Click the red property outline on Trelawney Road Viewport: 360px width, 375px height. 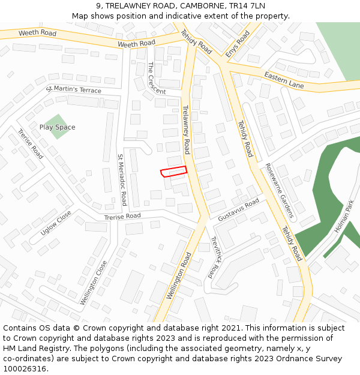pyautogui.click(x=174, y=172)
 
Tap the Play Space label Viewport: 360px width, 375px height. pyautogui.click(x=58, y=127)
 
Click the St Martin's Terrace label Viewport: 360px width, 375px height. pyautogui.click(x=74, y=89)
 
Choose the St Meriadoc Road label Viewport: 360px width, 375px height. pyautogui.click(x=122, y=179)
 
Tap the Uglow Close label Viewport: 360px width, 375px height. pyautogui.click(x=56, y=223)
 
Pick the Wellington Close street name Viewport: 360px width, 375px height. pyautogui.click(x=94, y=281)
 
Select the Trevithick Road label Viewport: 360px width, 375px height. pyautogui.click(x=214, y=256)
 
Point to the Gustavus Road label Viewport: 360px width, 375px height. pyautogui.click(x=238, y=210)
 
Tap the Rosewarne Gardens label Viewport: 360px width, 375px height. pyautogui.click(x=280, y=190)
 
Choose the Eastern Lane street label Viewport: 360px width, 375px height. pyautogui.click(x=284, y=80)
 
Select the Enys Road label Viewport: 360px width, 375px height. pyautogui.click(x=238, y=44)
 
